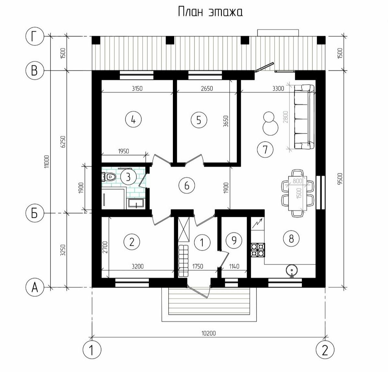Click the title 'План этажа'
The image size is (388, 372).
[x=210, y=12]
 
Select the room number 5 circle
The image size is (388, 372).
[x=199, y=120]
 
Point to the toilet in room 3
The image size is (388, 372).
[x=109, y=177]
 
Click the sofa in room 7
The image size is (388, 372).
[x=304, y=117]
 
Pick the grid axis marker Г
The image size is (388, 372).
[x=34, y=37]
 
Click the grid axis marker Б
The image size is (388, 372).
[x=34, y=213]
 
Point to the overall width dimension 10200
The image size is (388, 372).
[x=209, y=333]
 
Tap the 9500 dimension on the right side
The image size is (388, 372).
[x=340, y=178]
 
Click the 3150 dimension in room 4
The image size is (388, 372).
[x=137, y=88]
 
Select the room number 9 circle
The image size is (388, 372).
[x=235, y=240]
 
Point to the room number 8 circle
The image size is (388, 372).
[x=291, y=239]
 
